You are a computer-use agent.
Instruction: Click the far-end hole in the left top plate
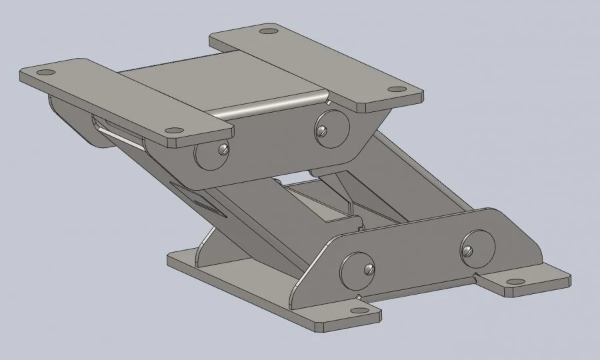(x=45, y=72)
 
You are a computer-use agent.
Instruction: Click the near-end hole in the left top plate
(x=174, y=131)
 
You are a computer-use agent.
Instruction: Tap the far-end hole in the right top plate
(x=268, y=31)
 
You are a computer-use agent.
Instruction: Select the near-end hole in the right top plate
(x=397, y=89)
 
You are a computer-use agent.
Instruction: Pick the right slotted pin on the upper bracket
(x=322, y=131)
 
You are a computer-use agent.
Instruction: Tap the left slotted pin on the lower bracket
(x=368, y=269)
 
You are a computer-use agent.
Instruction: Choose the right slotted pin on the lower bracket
(x=469, y=251)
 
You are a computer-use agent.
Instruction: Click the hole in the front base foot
(x=359, y=310)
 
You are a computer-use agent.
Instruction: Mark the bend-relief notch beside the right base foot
(x=475, y=274)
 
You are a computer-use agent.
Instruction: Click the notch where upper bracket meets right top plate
(x=329, y=102)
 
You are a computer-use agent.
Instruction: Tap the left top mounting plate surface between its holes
(x=110, y=101)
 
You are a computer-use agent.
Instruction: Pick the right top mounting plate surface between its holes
(x=333, y=60)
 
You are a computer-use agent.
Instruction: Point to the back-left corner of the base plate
(x=175, y=257)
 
